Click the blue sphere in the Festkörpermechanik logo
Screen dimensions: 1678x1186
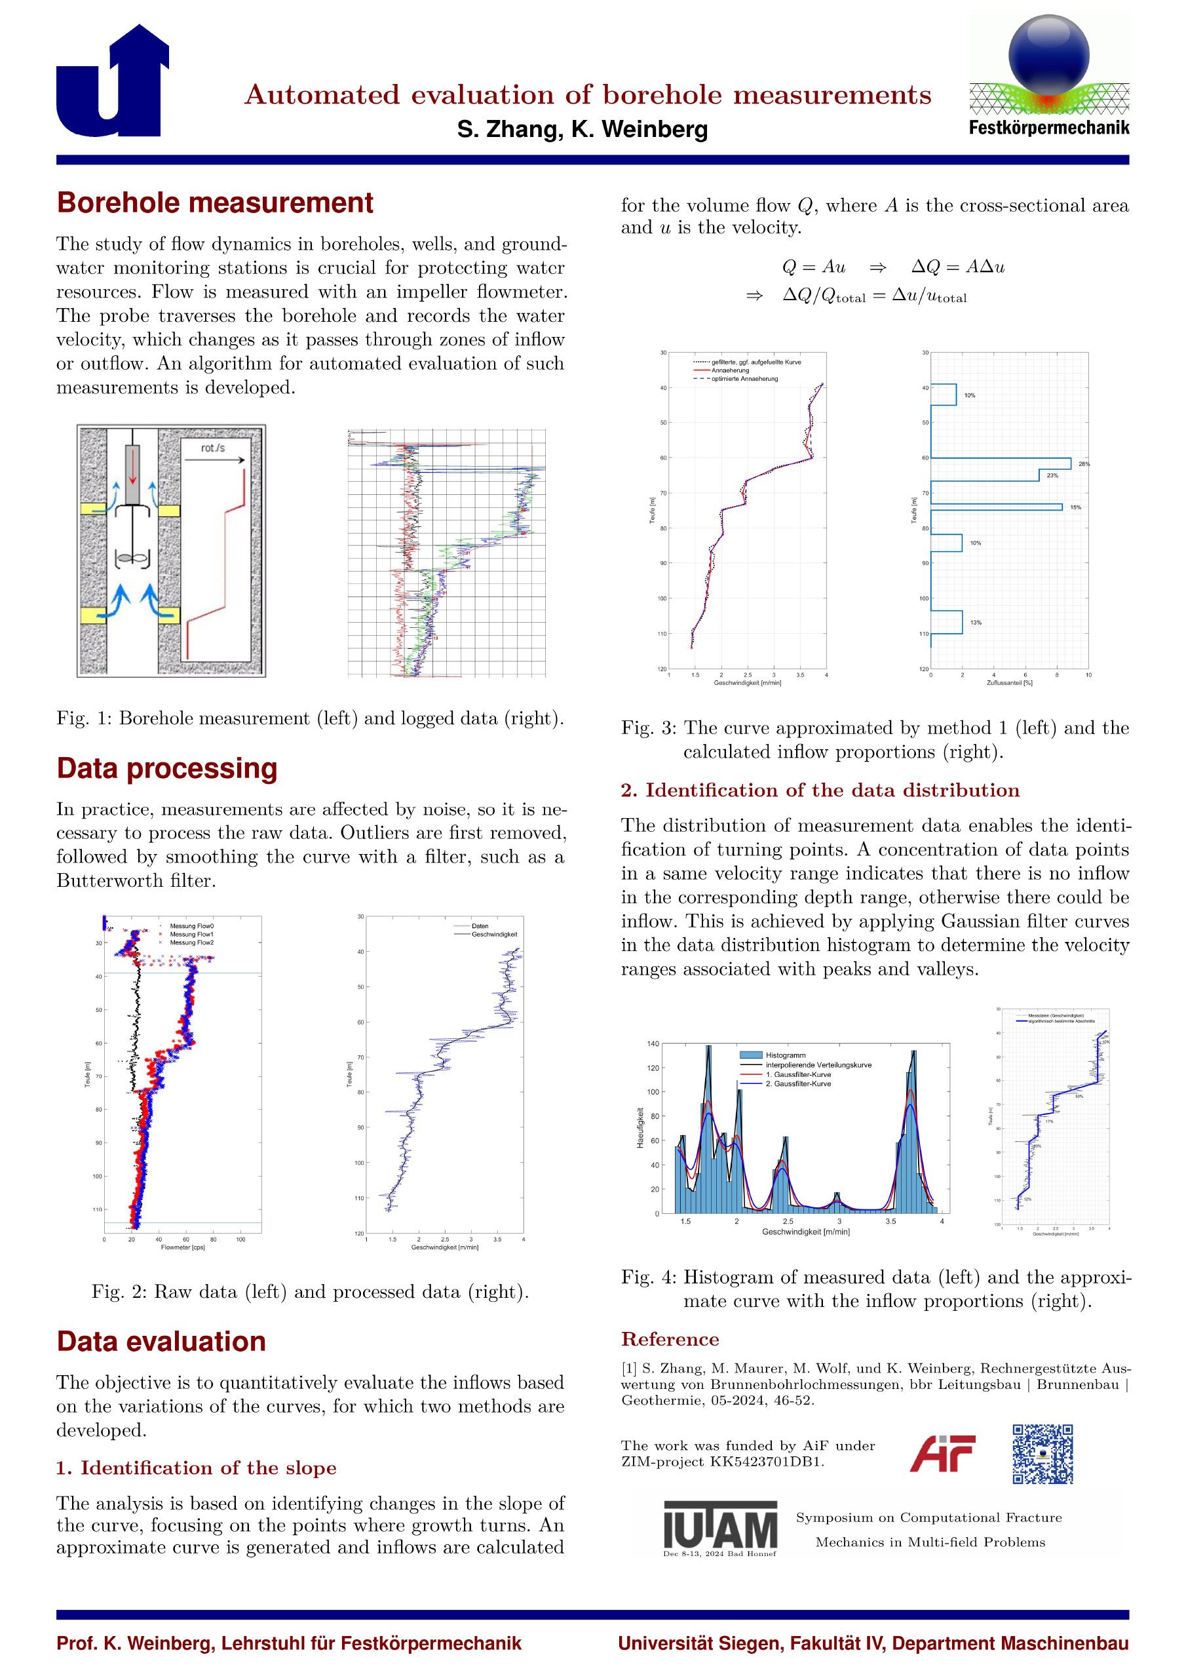pos(1048,56)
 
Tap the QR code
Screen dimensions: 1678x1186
pos(1043,1454)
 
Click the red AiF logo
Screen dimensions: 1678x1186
pos(942,1454)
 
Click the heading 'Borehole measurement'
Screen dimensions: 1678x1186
pos(215,203)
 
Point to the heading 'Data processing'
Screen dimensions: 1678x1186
pos(166,768)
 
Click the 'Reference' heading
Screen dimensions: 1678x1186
pos(670,1339)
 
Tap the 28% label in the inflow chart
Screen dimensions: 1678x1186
pos(1084,464)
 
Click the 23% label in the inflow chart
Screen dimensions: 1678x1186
pos(1052,476)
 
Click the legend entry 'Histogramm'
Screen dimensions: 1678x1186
pos(784,1055)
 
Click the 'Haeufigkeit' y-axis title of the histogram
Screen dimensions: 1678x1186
pos(640,1129)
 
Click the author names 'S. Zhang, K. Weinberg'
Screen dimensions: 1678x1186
pos(582,130)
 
